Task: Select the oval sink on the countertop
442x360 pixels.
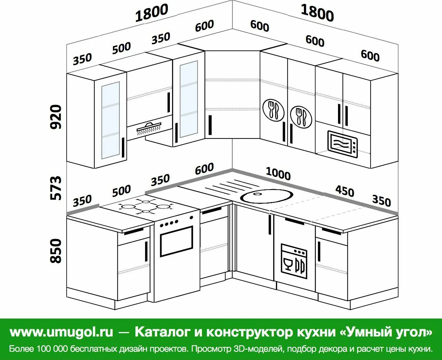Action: tap(267, 196)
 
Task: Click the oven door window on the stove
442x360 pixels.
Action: tap(176, 241)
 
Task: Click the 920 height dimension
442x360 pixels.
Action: tap(56, 117)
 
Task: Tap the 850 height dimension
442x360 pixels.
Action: tap(56, 250)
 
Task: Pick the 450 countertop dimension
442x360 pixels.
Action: tap(345, 190)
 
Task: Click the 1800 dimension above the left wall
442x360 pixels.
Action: tap(152, 13)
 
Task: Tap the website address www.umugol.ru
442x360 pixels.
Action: tap(61, 332)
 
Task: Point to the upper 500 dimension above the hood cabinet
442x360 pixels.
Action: tap(122, 48)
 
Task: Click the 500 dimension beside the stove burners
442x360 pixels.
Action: tap(122, 190)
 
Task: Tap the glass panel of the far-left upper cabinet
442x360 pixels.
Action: tap(110, 120)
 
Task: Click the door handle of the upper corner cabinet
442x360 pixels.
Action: tap(210, 125)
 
